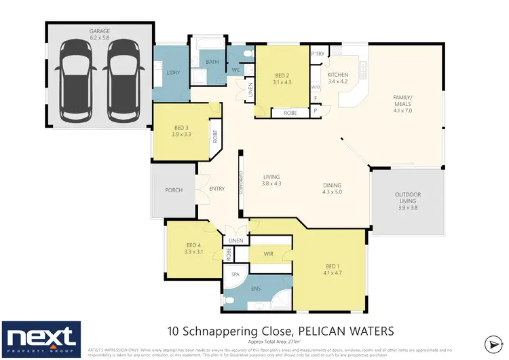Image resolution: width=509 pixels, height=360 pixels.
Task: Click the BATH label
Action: [212, 62]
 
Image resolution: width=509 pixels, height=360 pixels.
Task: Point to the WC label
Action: [235, 70]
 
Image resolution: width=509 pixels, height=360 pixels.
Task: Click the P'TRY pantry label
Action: [316, 54]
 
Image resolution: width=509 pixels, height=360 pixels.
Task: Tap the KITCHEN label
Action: [337, 74]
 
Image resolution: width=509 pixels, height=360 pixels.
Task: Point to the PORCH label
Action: [174, 190]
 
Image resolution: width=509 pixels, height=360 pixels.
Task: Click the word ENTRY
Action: [217, 189]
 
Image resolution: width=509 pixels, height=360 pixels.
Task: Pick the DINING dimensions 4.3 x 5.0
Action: [333, 192]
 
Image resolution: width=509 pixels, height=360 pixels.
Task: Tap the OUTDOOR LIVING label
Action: [408, 198]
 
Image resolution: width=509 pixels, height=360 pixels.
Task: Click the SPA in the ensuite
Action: [236, 275]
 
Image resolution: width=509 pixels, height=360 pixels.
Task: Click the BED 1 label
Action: [332, 266]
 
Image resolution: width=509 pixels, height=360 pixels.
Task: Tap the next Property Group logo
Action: [41, 338]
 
